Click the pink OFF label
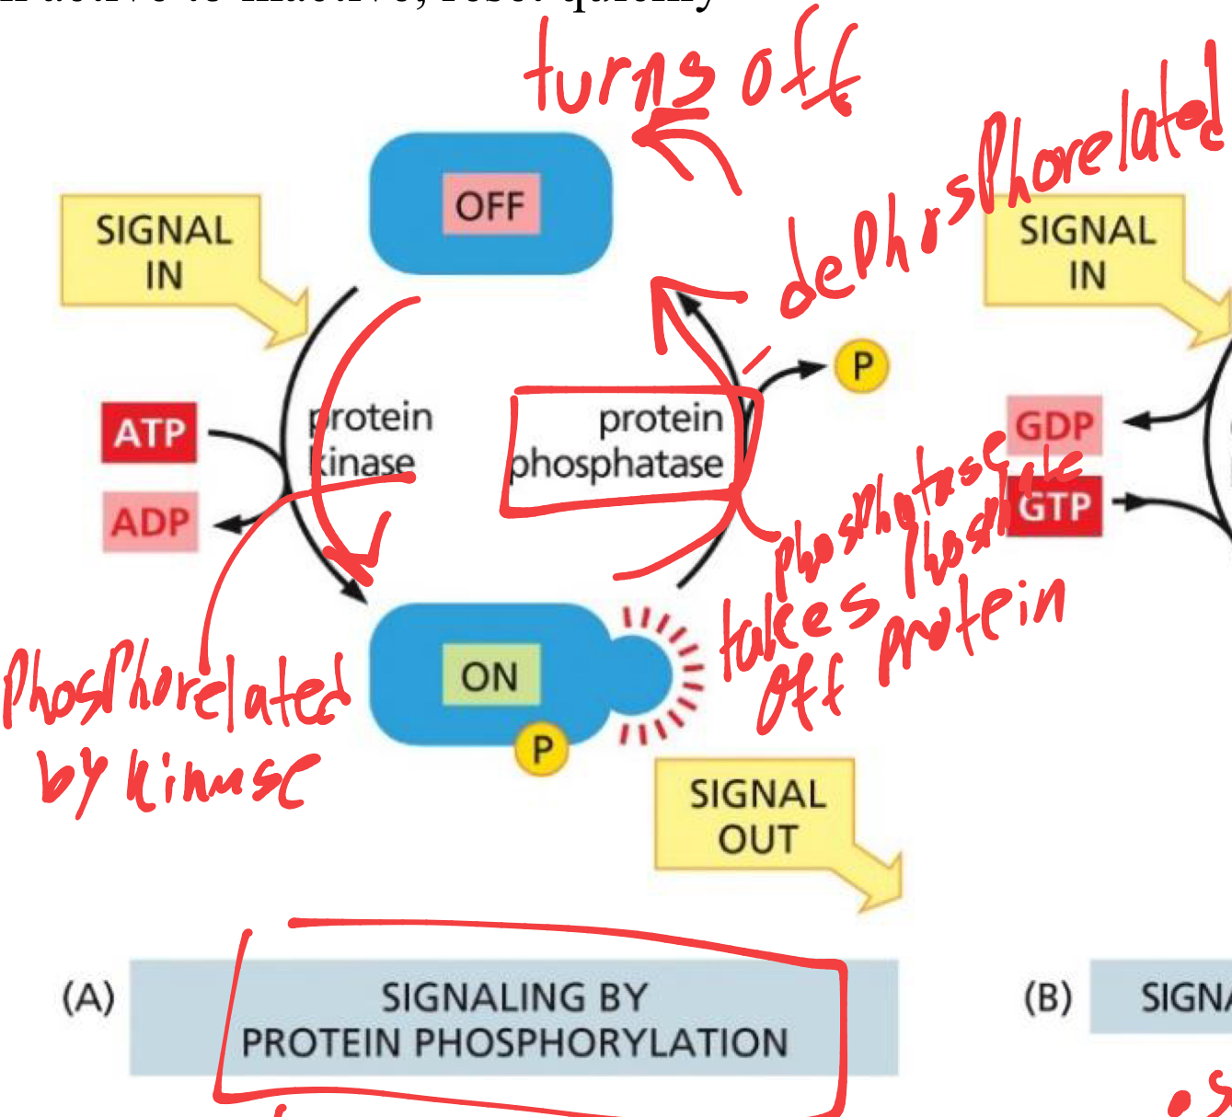[490, 205]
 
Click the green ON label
[489, 676]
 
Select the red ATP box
[150, 432]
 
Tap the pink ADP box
[150, 523]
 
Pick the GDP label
[1054, 425]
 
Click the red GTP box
[1054, 505]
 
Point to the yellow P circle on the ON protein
[542, 749]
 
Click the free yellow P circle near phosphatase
[861, 365]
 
